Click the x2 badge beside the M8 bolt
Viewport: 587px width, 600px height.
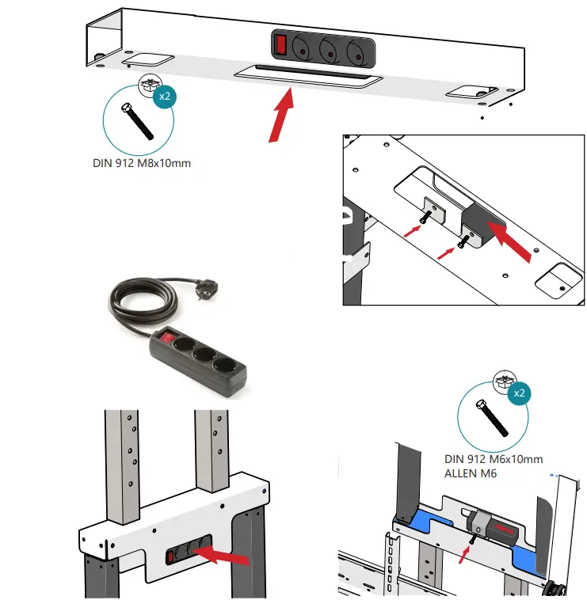(x=164, y=97)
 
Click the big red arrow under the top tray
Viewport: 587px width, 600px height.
(x=280, y=115)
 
